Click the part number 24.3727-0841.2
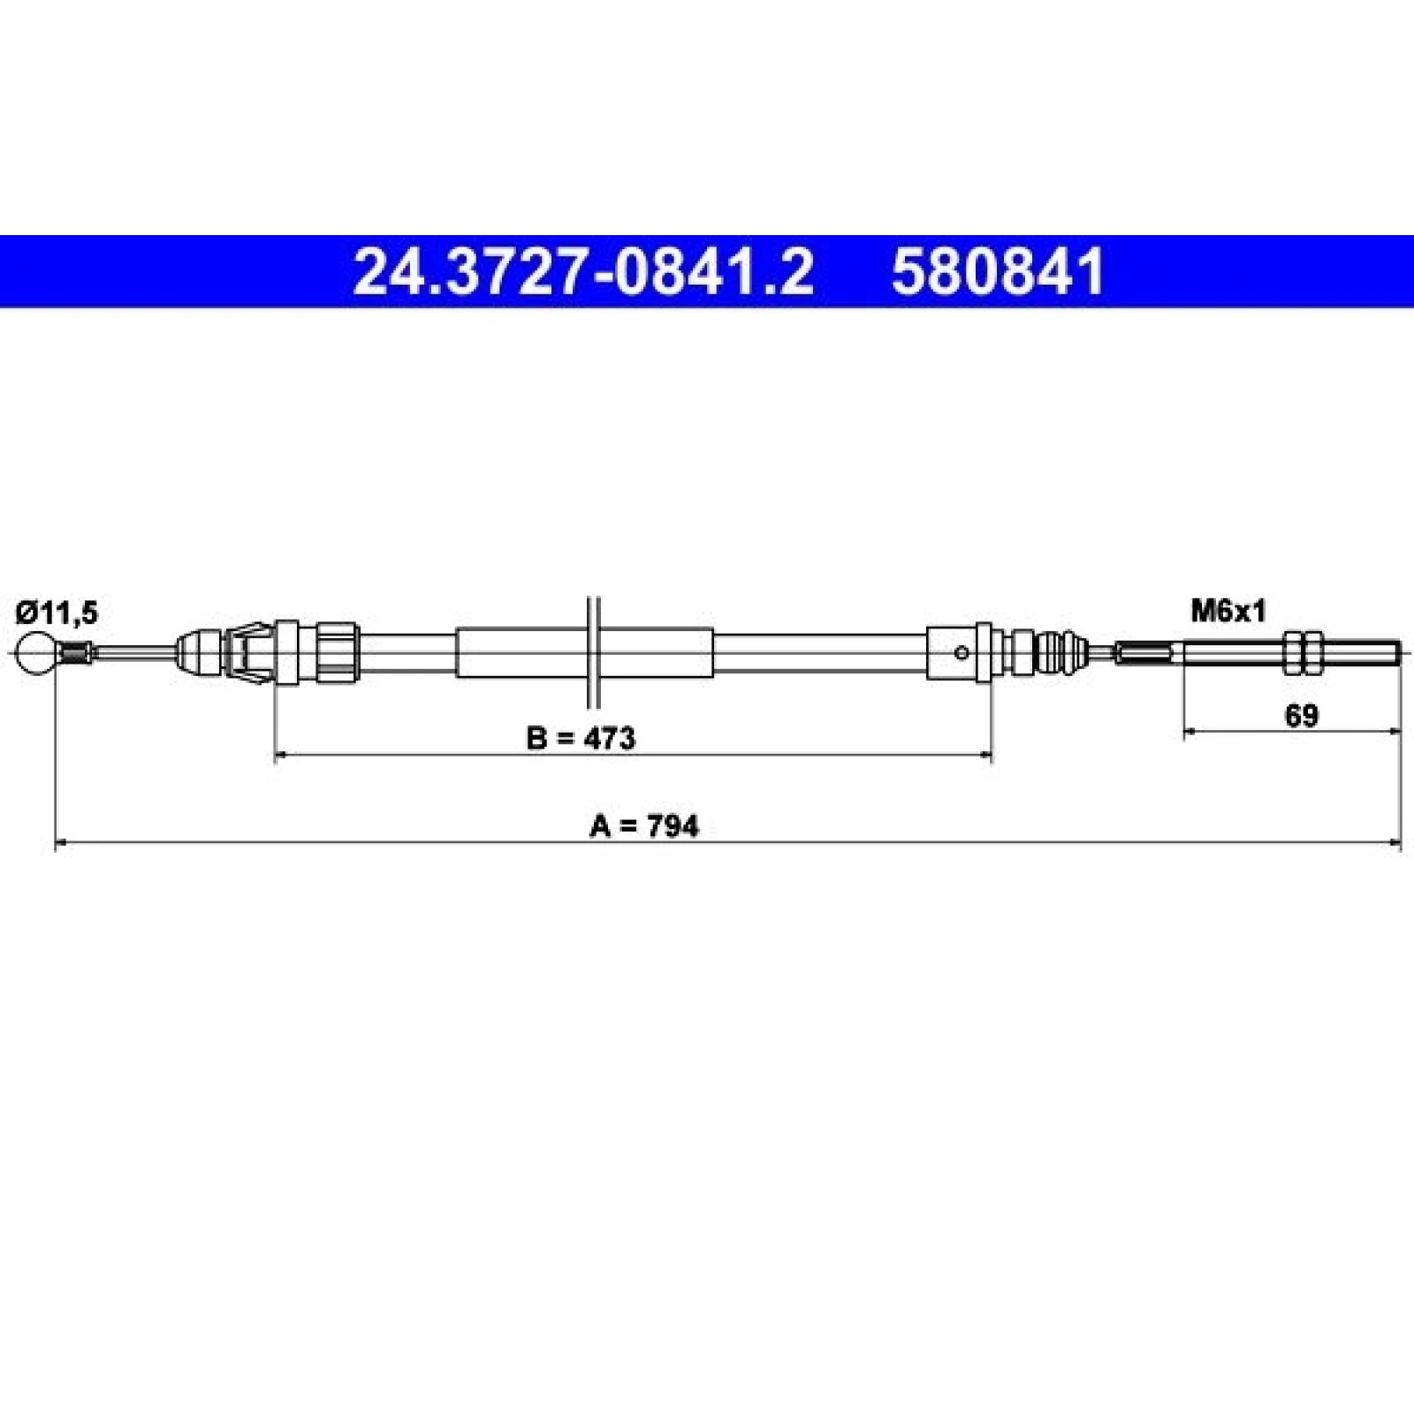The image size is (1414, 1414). (x=582, y=271)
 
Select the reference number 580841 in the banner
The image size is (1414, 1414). (x=999, y=271)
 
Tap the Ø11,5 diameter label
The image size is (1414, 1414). (x=57, y=612)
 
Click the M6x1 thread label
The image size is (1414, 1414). (x=1228, y=611)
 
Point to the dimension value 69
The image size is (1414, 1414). (x=1301, y=716)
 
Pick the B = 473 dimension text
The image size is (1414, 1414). (x=581, y=738)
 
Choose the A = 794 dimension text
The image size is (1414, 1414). (x=644, y=826)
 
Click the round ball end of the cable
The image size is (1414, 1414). (x=36, y=653)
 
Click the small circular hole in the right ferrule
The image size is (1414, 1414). (x=962, y=653)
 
